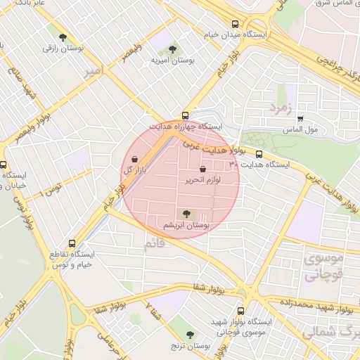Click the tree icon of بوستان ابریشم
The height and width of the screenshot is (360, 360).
(186, 214)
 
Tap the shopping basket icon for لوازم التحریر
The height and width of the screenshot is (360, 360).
(203, 169)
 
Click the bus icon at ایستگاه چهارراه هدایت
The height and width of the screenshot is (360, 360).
(185, 115)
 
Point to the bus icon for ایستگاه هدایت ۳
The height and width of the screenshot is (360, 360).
(259, 154)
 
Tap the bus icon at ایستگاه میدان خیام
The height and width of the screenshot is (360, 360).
(235, 22)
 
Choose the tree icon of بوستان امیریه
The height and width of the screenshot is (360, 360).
(173, 49)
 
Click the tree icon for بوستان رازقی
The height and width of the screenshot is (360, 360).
(63, 37)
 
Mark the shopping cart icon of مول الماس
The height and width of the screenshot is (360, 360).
(300, 119)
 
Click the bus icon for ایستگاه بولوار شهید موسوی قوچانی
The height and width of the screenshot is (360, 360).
(241, 310)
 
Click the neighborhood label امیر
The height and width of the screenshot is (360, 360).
(92, 71)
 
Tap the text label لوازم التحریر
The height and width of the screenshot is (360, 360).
(203, 181)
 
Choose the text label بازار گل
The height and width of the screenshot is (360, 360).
(134, 170)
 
